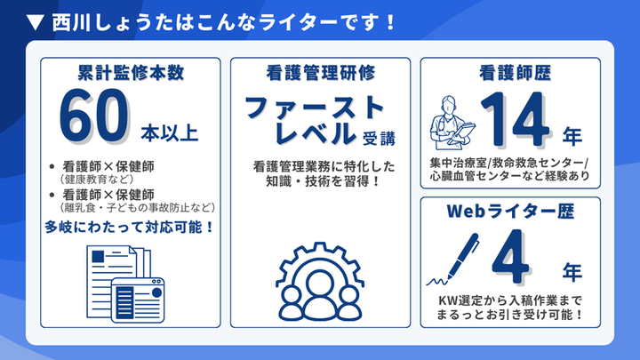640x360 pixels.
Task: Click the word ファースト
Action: tap(316, 108)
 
